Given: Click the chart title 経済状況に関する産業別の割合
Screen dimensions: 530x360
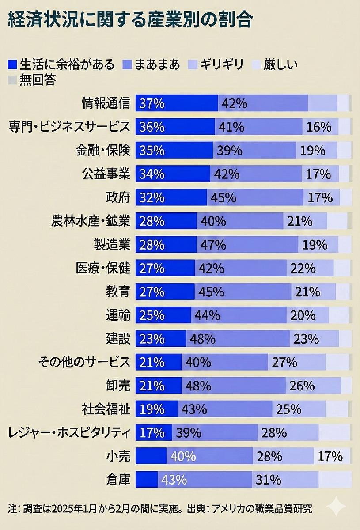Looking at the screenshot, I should (x=130, y=20).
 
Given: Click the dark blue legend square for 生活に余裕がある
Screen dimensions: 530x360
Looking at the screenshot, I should (x=12, y=64).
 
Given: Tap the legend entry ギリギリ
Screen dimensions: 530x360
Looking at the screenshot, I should (x=221, y=64).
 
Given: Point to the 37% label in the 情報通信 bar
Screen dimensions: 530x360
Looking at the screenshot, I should (x=152, y=104).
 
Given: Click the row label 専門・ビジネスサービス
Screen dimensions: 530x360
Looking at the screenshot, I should (x=70, y=127).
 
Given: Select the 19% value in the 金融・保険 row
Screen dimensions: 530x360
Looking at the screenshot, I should (x=313, y=151).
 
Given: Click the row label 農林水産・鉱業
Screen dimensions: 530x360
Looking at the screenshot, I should (x=91, y=221).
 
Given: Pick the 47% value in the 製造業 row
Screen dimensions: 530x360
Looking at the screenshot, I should (x=213, y=245).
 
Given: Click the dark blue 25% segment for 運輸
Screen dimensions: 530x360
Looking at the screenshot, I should (x=152, y=315).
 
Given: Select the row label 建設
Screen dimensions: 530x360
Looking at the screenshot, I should (x=118, y=339).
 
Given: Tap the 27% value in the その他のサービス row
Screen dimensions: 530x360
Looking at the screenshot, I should (x=284, y=363).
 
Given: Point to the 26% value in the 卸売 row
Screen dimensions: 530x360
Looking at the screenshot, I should (x=302, y=386).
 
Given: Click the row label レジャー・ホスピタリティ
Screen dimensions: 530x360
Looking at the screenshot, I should (x=69, y=433).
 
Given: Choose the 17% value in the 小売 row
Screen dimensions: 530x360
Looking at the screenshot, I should (x=330, y=456).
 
